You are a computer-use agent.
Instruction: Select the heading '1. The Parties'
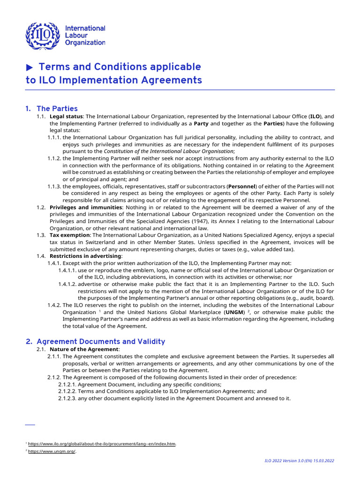pyautogui.click(x=52, y=109)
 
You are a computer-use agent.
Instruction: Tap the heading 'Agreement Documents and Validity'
pyautogui.click(x=101, y=342)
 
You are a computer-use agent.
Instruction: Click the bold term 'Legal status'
pyautogui.click(x=66, y=116)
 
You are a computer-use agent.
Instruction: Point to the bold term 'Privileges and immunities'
pyautogui.click(x=82, y=207)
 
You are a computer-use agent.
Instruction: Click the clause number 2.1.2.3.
pyautogui.click(x=67, y=398)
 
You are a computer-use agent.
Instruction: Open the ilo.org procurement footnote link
pyautogui.click(x=102, y=443)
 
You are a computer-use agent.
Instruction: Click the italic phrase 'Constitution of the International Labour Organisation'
pyautogui.click(x=169, y=151)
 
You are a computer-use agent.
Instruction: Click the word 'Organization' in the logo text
pyautogui.click(x=85, y=43)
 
